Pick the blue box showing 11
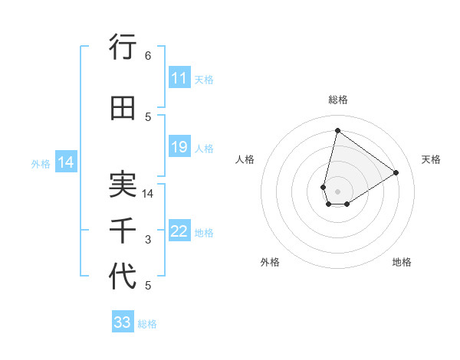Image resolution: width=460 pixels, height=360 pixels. [x=179, y=78]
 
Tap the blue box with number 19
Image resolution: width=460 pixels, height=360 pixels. [x=179, y=147]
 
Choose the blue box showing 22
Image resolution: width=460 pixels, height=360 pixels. [x=179, y=231]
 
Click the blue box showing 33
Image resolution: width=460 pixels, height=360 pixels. [x=122, y=322]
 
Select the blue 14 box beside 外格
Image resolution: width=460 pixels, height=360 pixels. [x=65, y=162]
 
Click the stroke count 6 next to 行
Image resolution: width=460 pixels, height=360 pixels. [x=148, y=56]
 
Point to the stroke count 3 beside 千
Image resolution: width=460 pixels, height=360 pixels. [x=148, y=240]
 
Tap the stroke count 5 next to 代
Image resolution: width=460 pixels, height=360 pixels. [x=148, y=286]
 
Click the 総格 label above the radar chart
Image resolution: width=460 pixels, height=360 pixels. [x=337, y=100]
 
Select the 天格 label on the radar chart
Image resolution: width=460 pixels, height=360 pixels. [x=431, y=159]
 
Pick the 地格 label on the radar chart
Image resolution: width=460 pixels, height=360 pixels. [x=402, y=262]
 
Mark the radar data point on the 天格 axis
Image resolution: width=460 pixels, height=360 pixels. [x=396, y=172]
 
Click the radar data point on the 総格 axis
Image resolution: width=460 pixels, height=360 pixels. [x=337, y=129]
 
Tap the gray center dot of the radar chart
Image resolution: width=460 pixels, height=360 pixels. [x=337, y=190]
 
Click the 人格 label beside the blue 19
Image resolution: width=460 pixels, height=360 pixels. [x=205, y=148]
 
